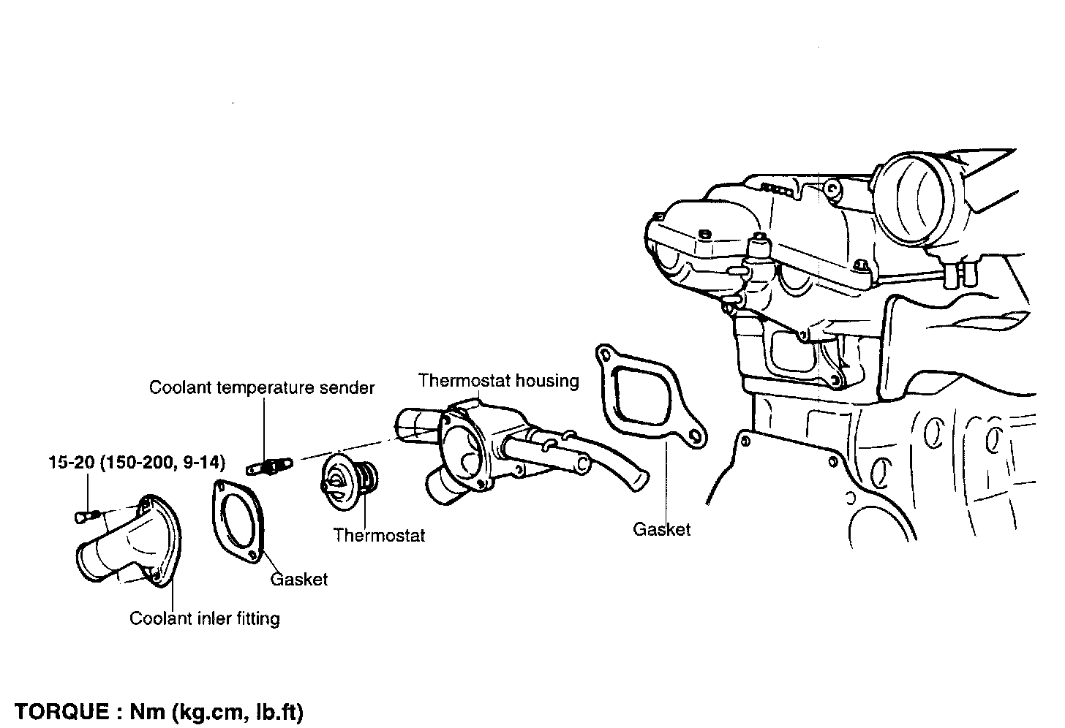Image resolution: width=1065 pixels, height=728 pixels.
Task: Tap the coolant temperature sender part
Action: tap(270, 465)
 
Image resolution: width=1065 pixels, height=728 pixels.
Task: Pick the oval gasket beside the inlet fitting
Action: tap(237, 520)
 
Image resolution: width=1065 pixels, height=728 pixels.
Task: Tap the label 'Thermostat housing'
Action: tap(498, 381)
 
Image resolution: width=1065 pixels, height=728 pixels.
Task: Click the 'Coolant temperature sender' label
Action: tap(262, 387)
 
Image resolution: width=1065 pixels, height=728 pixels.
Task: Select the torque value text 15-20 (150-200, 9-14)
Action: tap(137, 462)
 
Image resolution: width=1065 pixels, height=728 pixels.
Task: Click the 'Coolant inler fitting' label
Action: tap(205, 618)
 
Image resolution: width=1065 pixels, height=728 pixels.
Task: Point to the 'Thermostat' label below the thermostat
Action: tap(379, 535)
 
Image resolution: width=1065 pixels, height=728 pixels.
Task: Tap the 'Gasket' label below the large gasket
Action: tap(661, 529)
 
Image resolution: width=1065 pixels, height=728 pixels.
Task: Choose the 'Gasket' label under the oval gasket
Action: tap(298, 580)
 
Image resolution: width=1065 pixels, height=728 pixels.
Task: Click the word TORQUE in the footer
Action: tap(61, 711)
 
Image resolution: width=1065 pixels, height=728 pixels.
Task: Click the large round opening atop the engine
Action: tap(912, 196)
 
